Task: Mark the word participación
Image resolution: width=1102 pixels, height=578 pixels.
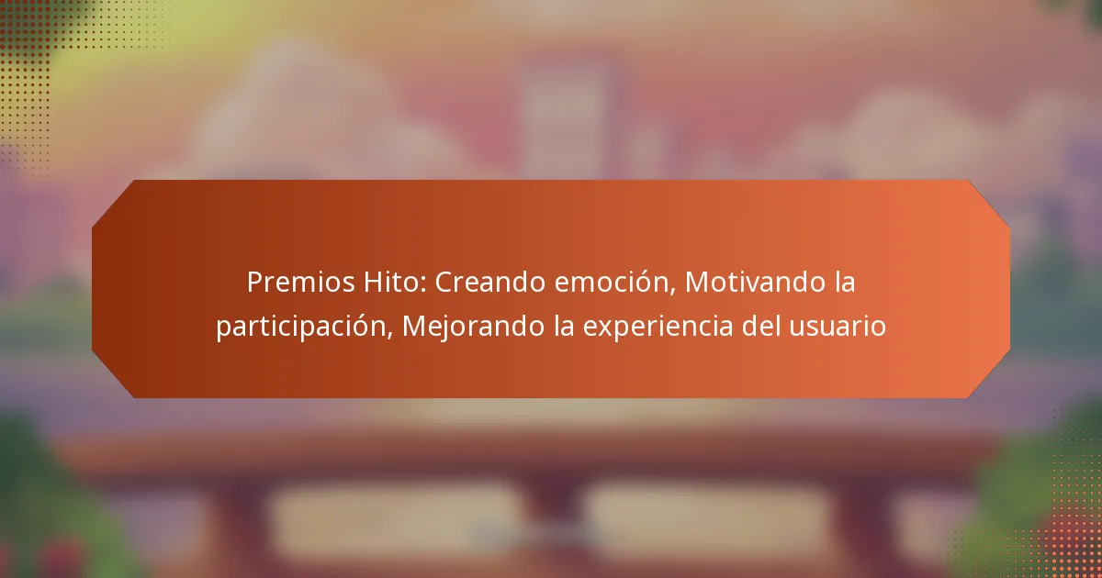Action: (303, 327)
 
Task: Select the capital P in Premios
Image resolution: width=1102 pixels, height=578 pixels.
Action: (254, 283)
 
